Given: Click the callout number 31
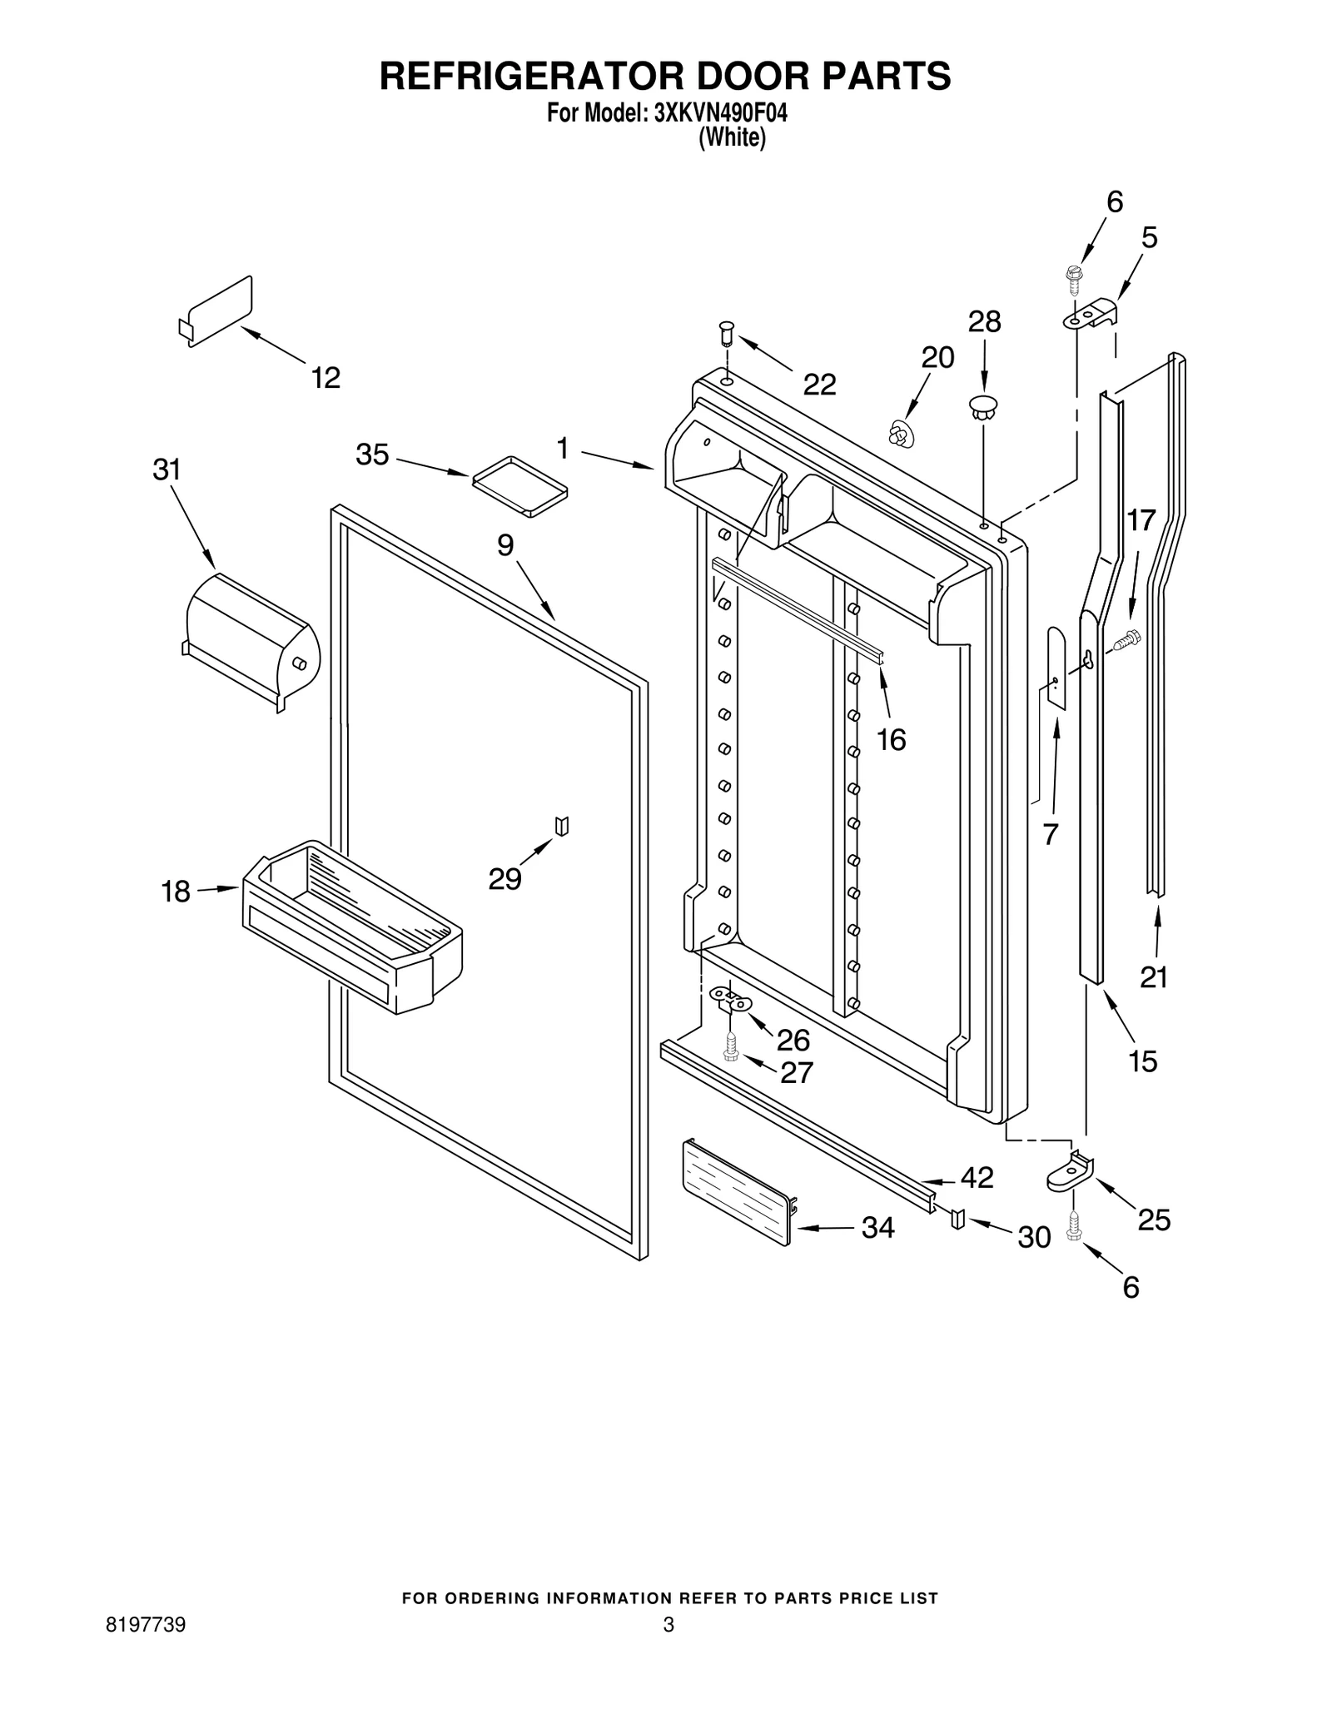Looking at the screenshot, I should pyautogui.click(x=166, y=470).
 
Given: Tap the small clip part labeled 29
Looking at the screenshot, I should pyautogui.click(x=563, y=826).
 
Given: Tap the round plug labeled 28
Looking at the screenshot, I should pyautogui.click(x=983, y=407).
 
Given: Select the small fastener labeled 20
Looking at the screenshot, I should pyautogui.click(x=899, y=434).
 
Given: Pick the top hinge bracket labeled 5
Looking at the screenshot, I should pyautogui.click(x=1093, y=314).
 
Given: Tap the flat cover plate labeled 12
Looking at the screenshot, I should pyautogui.click(x=218, y=310).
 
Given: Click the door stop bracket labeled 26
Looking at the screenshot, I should pyautogui.click(x=730, y=998).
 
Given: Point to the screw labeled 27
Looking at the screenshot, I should pyautogui.click(x=731, y=1046).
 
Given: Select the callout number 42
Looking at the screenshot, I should pyautogui.click(x=977, y=1177).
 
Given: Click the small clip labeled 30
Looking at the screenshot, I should pyautogui.click(x=957, y=1219).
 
